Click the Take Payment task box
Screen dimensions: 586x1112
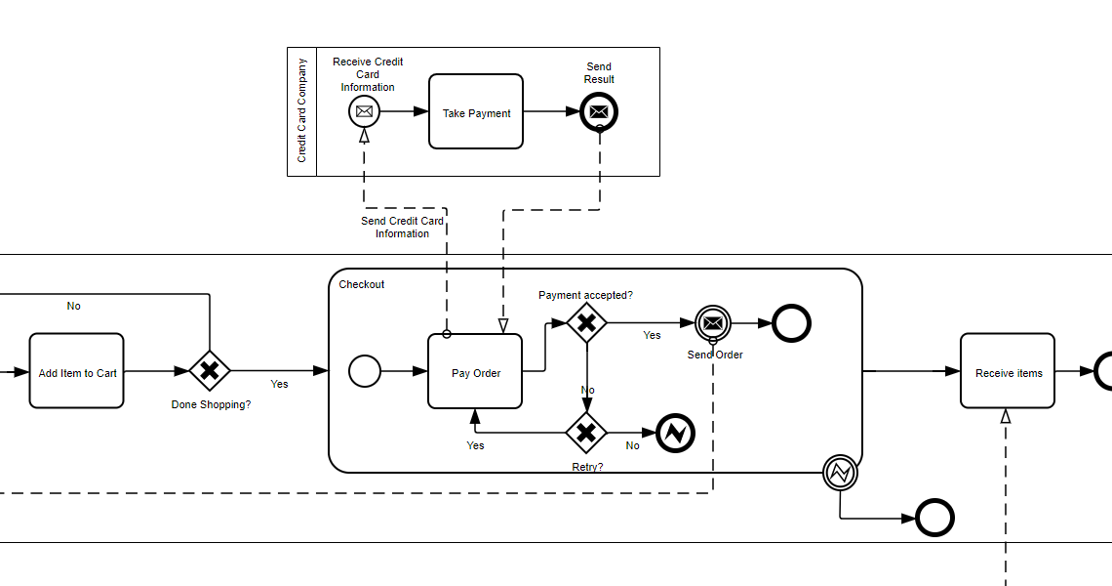pos(476,112)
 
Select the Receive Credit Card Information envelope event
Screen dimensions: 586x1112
pos(364,112)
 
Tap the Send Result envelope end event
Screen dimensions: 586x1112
pos(599,112)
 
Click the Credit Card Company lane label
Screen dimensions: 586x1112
pos(302,111)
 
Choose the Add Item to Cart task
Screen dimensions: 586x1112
pos(76,371)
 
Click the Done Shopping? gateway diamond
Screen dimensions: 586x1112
pos(209,371)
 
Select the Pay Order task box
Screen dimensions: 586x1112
pos(475,371)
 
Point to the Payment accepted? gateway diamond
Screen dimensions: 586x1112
pos(586,322)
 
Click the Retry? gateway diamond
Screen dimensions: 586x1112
pos(586,432)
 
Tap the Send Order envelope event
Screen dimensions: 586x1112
pos(713,322)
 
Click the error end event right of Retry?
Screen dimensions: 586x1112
pos(675,433)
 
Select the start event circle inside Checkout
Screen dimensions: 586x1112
pos(365,371)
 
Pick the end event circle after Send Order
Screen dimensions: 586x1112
pos(791,322)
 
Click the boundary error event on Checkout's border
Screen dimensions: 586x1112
pos(840,473)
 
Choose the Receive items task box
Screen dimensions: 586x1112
pos(1008,371)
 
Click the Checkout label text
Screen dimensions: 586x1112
pos(362,285)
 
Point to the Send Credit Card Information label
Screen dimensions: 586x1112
pos(402,227)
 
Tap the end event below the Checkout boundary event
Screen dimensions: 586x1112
pos(933,519)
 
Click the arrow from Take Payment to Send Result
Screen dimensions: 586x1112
pos(551,112)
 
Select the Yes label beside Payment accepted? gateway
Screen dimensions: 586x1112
pos(652,335)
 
